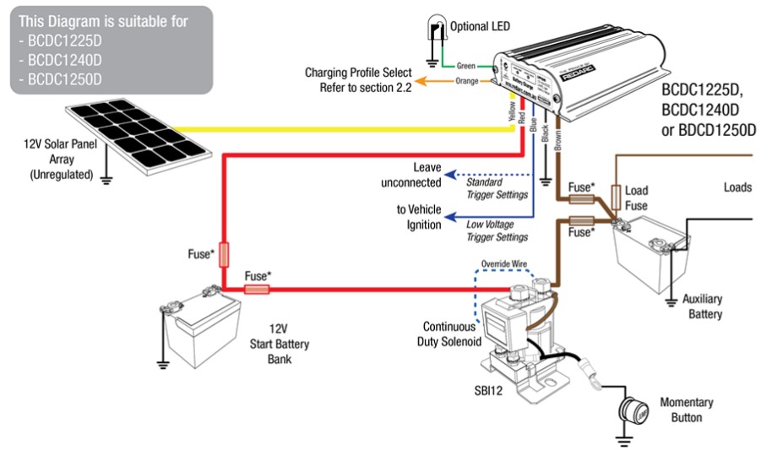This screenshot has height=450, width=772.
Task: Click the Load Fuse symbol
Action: click(x=617, y=198)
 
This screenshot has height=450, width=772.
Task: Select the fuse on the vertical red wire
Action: click(x=223, y=252)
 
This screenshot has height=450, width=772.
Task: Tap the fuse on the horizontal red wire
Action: click(x=257, y=290)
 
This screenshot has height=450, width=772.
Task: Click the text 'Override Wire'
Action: click(x=504, y=263)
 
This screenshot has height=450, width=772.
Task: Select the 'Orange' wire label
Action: click(x=465, y=81)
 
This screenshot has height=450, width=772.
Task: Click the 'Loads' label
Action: click(x=737, y=187)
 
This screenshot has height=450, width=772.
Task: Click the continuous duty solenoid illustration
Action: click(x=507, y=325)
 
